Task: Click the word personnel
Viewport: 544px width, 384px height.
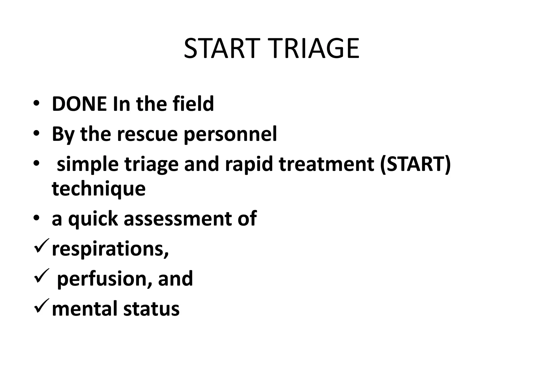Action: tap(230, 135)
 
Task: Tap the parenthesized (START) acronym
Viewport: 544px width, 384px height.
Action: tap(415, 164)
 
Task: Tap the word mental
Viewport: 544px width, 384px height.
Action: tap(85, 309)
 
